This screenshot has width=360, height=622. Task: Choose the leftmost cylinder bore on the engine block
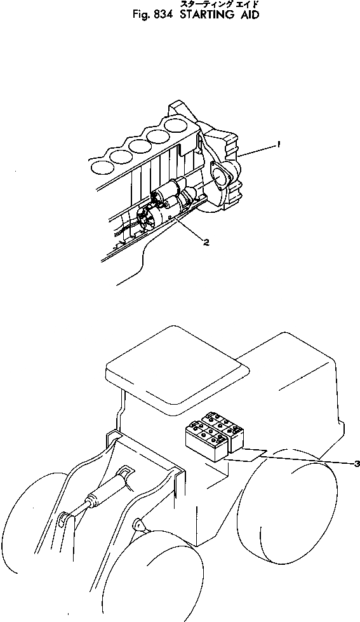coord(101,167)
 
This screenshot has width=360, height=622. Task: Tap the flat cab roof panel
coord(175,367)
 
